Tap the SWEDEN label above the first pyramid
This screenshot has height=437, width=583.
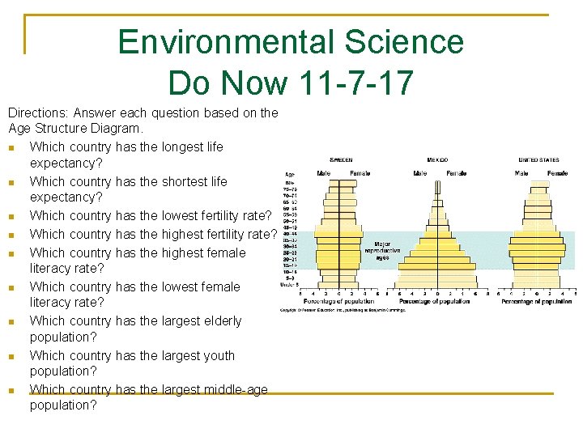[341, 159]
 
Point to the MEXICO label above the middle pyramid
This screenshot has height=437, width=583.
[437, 159]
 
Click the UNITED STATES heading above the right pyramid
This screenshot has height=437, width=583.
[539, 159]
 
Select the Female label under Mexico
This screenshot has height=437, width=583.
[456, 173]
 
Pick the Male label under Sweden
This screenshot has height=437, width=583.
[323, 173]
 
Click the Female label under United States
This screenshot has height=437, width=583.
[557, 173]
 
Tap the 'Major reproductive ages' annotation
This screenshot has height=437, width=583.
[387, 250]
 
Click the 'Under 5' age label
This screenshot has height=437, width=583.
[289, 285]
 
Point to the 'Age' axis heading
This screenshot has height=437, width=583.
[289, 174]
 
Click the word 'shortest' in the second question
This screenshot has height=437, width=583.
[160, 181]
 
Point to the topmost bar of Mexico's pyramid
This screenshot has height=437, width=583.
[437, 185]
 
